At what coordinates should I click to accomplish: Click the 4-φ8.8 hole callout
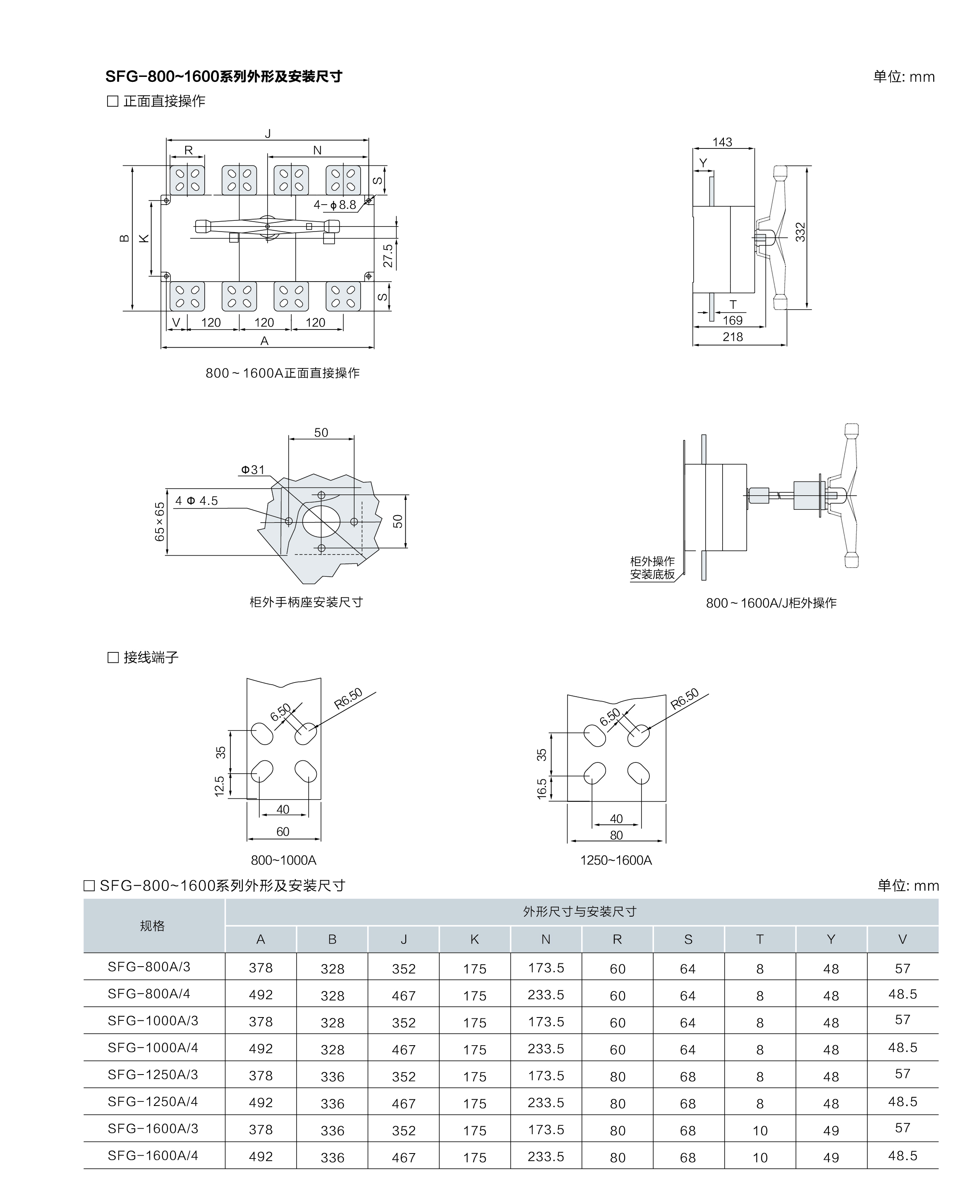pos(335,205)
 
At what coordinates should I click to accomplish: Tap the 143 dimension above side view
pos(722,142)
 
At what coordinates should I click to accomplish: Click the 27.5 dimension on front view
pos(388,256)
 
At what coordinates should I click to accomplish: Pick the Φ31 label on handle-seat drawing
pos(253,470)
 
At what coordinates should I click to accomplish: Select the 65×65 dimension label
pos(160,521)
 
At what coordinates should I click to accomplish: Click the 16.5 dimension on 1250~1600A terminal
pos(541,789)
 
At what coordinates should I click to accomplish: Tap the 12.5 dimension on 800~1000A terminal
pos(219,786)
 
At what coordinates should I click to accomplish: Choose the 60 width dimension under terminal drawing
pos(283,831)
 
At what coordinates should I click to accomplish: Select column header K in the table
pos(474,940)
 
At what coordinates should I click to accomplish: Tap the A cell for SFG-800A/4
pos(261,995)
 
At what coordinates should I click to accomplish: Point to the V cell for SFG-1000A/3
pos(903,1020)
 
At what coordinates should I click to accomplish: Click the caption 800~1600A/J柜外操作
pos(771,603)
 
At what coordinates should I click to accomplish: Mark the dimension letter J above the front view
pos(268,134)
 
